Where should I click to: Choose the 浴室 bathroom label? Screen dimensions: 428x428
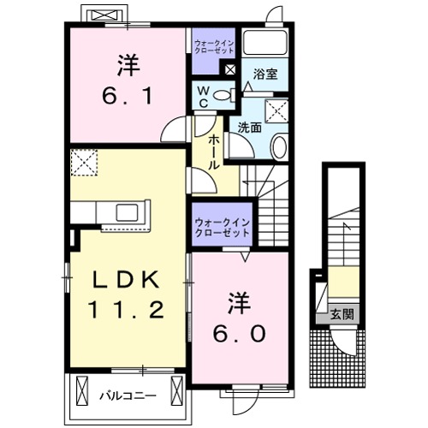(x=264, y=75)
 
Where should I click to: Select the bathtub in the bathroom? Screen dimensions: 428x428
(x=265, y=44)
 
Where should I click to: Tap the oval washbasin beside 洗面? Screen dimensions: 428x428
(x=279, y=146)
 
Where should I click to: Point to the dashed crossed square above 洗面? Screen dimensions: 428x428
(x=276, y=109)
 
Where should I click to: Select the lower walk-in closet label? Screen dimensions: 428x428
(x=221, y=227)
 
